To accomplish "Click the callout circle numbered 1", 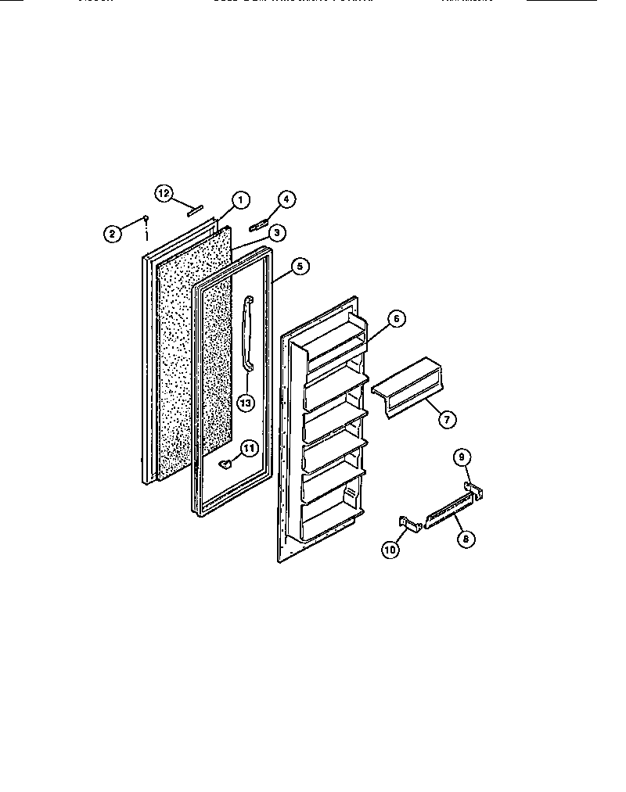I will (x=239, y=199).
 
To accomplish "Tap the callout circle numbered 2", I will (x=113, y=231).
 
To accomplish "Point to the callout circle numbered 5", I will (x=299, y=267).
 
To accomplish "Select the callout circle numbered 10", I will (x=390, y=550).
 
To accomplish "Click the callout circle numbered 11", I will (x=248, y=449).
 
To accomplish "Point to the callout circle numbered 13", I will (x=246, y=403).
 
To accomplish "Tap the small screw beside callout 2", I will (x=146, y=220).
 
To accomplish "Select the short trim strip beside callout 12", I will (x=194, y=209).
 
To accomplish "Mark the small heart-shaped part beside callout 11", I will (x=225, y=464).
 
